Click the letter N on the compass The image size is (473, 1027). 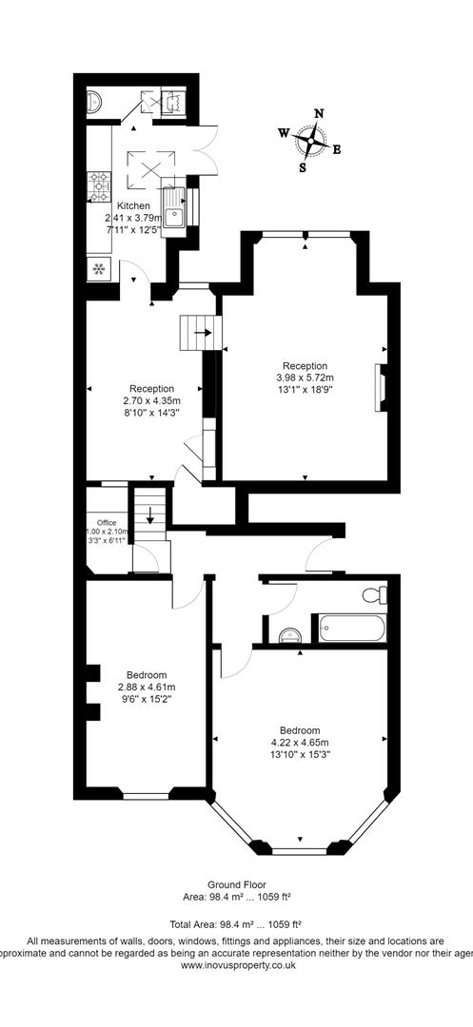point(318,113)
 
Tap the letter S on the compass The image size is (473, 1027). point(303,168)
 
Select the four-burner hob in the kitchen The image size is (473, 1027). point(98,185)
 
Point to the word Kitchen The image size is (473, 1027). point(133,205)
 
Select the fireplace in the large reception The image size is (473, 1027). point(381,385)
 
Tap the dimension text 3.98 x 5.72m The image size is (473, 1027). point(305,378)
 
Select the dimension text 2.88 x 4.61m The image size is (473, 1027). point(144,687)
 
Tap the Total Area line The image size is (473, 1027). point(236,922)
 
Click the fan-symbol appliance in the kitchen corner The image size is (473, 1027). point(99,268)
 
